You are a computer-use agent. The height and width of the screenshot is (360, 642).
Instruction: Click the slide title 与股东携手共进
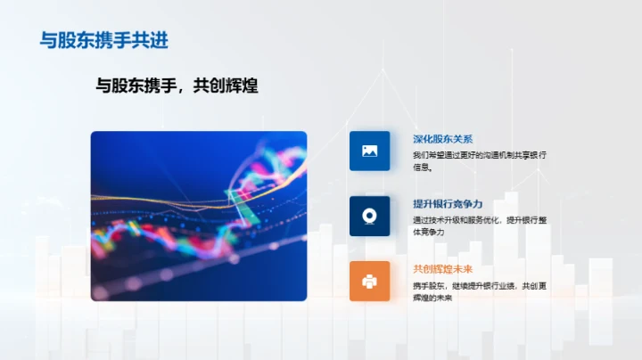click(104, 40)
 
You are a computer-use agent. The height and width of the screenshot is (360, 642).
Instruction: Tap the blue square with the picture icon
click(369, 151)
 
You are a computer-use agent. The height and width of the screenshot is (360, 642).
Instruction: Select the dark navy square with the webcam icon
click(369, 216)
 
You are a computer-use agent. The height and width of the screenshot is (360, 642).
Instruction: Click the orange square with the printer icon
click(369, 281)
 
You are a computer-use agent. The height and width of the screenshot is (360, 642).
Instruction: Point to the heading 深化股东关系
click(443, 139)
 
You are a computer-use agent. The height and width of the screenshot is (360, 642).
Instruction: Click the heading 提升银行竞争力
click(448, 204)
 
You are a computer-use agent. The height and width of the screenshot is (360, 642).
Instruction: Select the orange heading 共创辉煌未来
click(443, 269)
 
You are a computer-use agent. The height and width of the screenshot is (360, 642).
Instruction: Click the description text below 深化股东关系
click(479, 160)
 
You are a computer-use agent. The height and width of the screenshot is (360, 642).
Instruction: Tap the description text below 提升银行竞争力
click(479, 225)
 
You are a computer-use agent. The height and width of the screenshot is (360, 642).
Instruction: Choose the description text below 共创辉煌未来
click(479, 291)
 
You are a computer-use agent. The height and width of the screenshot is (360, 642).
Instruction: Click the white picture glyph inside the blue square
click(369, 151)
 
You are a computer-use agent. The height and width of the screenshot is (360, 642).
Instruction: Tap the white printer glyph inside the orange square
click(369, 281)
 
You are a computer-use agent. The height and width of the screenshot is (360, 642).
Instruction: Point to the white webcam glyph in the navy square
click(369, 216)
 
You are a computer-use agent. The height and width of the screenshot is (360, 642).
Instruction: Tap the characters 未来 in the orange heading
click(464, 269)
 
